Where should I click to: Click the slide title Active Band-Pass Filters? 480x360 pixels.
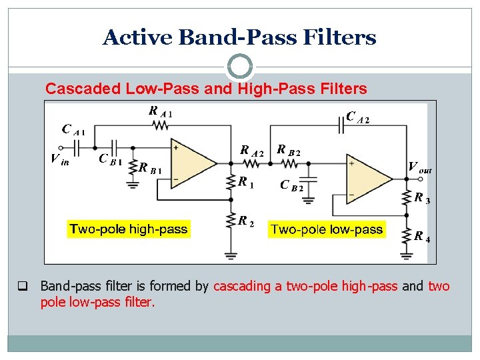[x=239, y=37]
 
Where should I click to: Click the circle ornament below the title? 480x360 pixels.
[x=240, y=67]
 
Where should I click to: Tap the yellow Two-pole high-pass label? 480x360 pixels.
[x=129, y=229]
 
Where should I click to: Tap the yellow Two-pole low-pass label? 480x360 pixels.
[x=327, y=230]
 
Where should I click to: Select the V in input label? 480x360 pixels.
[x=59, y=159]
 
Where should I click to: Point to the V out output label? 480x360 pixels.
[x=419, y=167]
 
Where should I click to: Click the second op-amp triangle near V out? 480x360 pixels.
[x=369, y=178]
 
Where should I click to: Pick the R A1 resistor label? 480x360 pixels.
[x=160, y=112]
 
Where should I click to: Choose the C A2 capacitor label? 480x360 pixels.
[x=358, y=117]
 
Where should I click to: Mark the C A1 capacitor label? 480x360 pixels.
[x=73, y=129]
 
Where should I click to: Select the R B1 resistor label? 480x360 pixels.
[x=151, y=169]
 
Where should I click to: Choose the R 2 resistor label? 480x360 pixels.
[x=246, y=221]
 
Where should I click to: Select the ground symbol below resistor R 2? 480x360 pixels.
[x=231, y=254]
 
